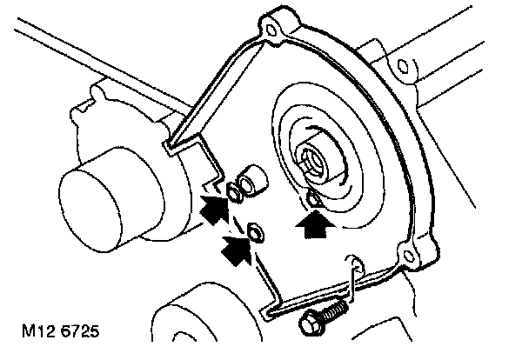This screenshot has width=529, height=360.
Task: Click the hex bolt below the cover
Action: (321, 318)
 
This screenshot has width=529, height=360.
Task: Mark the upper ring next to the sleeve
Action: (234, 191)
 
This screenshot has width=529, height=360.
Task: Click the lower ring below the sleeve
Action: (256, 232)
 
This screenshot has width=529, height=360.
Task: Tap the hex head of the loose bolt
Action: (309, 325)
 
